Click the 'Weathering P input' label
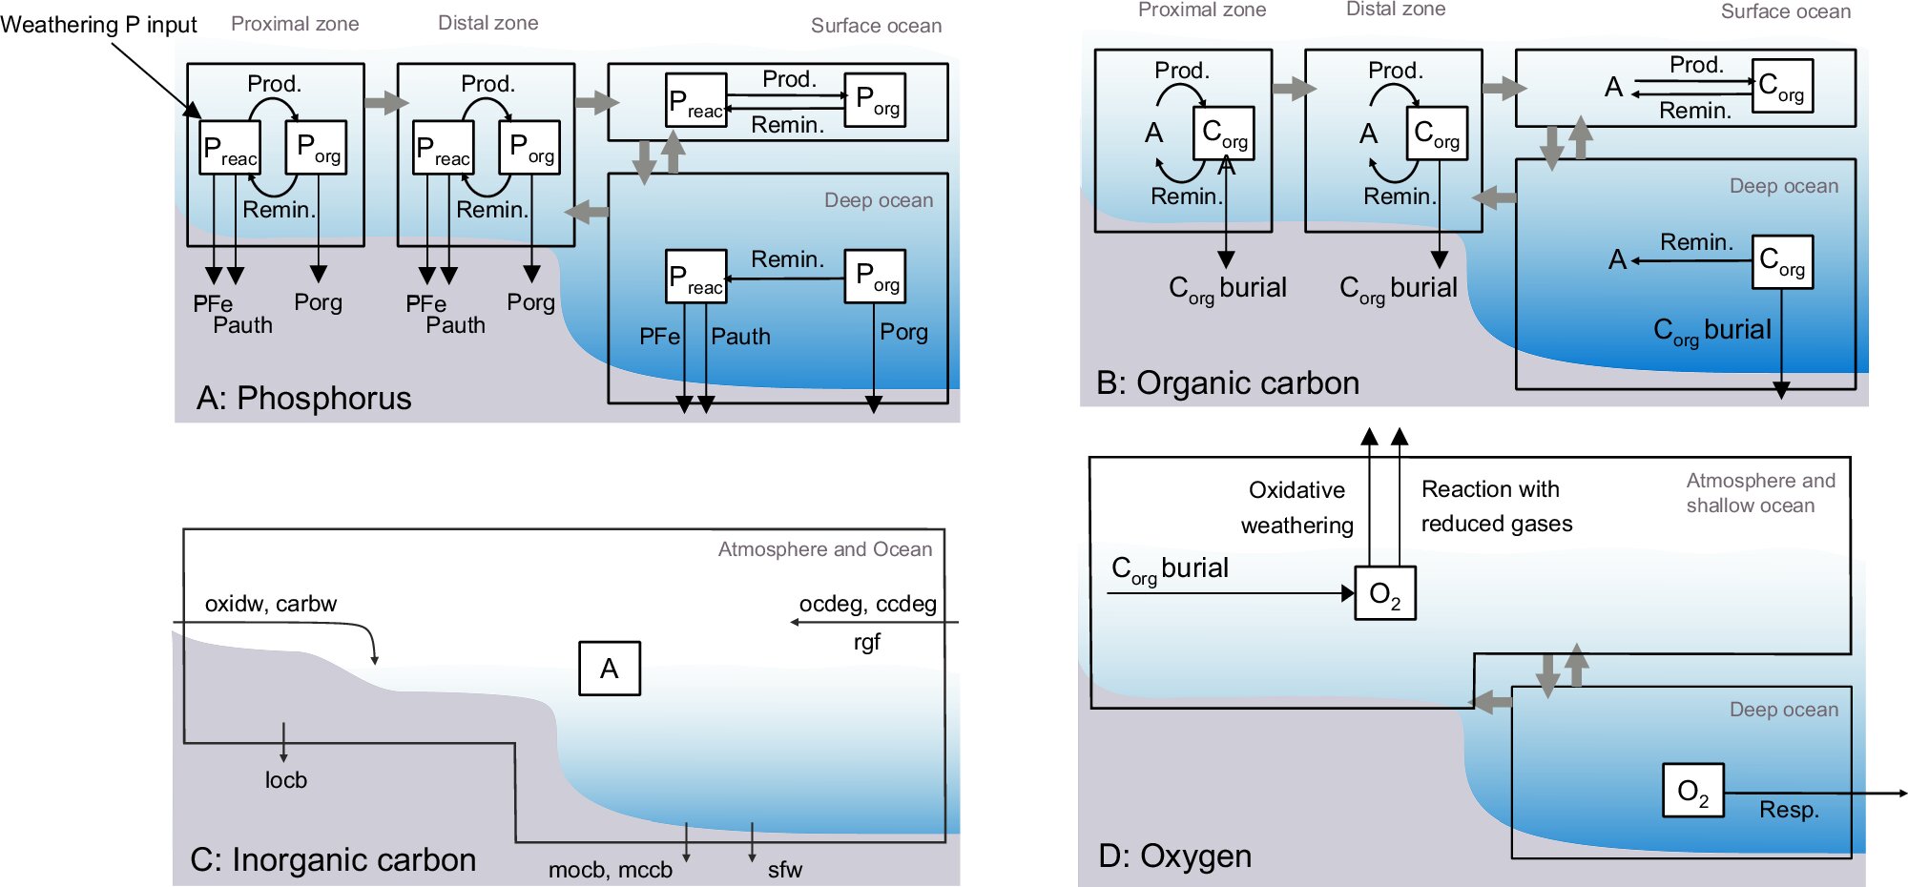pyautogui.click(x=98, y=25)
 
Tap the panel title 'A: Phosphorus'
pyautogui.click(x=303, y=398)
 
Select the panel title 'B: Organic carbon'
pyautogui.click(x=1228, y=382)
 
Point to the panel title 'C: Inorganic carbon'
pyautogui.click(x=333, y=859)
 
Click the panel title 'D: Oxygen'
pyautogui.click(x=1174, y=856)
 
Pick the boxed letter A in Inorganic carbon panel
pyautogui.click(x=610, y=669)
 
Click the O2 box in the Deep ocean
pyautogui.click(x=1692, y=791)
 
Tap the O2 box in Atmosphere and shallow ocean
pyautogui.click(x=1385, y=593)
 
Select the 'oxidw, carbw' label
pyautogui.click(x=270, y=604)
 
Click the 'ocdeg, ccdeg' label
pyautogui.click(x=867, y=604)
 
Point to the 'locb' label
pyautogui.click(x=286, y=780)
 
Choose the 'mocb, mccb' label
pyautogui.click(x=610, y=870)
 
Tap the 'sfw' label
pyautogui.click(x=784, y=870)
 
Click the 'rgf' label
pyautogui.click(x=866, y=642)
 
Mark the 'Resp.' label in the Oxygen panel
pyautogui.click(x=1789, y=810)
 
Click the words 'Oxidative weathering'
pyautogui.click(x=1296, y=507)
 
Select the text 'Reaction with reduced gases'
pyautogui.click(x=1496, y=506)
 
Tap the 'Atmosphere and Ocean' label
pyautogui.click(x=824, y=549)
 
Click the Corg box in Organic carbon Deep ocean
pyautogui.click(x=1782, y=262)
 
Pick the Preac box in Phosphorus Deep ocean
pyautogui.click(x=695, y=278)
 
